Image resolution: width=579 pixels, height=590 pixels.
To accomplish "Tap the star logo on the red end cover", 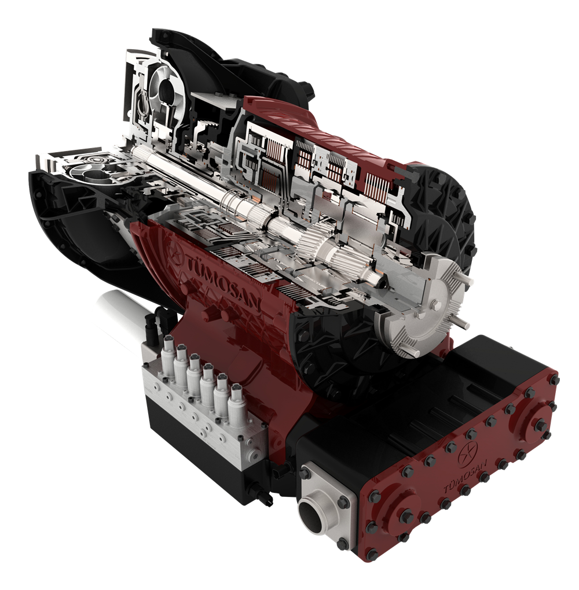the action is pyautogui.click(x=467, y=451).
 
